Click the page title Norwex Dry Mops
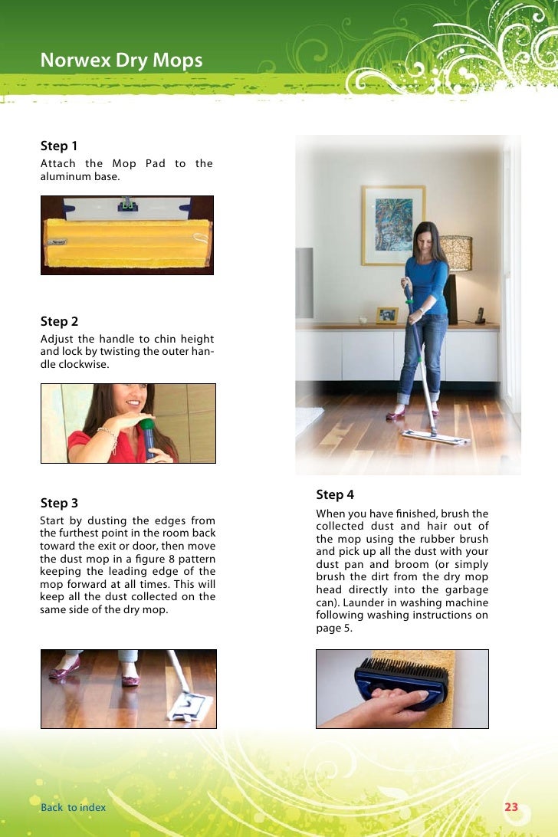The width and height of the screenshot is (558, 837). pos(121,61)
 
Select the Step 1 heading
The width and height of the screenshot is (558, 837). pos(59,146)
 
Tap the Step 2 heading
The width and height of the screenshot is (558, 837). pos(59,321)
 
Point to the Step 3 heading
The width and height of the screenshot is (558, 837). pos(59,503)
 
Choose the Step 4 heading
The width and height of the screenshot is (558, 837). pos(335,494)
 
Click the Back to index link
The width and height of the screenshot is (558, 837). pos(73,807)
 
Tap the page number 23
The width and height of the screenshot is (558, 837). pos(511,807)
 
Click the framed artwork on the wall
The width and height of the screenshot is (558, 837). pos(393,225)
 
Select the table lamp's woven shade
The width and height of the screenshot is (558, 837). pos(455,254)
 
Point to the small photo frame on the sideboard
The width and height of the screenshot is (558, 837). pos(387,315)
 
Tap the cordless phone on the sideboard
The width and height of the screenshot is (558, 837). pos(481,316)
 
